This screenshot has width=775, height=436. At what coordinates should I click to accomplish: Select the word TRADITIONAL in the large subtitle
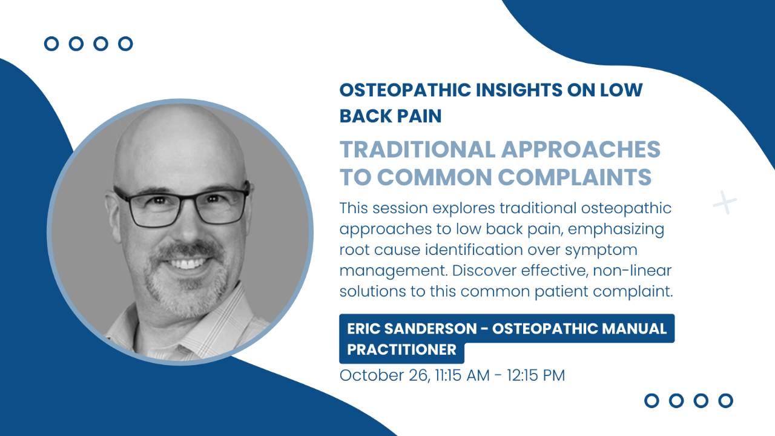tap(418, 150)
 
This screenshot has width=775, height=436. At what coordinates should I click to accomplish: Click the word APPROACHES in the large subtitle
tap(581, 150)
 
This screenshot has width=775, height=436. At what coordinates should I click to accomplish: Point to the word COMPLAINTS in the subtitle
tap(575, 177)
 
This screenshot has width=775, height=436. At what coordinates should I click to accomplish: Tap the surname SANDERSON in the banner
tap(430, 329)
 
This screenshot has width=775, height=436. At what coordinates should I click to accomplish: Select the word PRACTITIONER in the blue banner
tap(401, 350)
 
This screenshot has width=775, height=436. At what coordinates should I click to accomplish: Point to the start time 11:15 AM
tap(462, 375)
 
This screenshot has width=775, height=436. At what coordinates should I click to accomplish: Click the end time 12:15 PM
tap(536, 375)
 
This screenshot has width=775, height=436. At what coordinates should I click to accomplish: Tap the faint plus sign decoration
tap(725, 202)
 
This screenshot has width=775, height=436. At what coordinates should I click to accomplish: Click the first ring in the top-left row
tap(51, 44)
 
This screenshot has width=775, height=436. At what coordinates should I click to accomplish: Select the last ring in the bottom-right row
tap(725, 401)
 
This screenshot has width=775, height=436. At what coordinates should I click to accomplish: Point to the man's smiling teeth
tap(188, 263)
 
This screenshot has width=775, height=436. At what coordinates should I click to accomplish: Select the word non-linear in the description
tap(632, 271)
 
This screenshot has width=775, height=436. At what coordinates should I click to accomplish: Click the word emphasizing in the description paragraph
tap(616, 230)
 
